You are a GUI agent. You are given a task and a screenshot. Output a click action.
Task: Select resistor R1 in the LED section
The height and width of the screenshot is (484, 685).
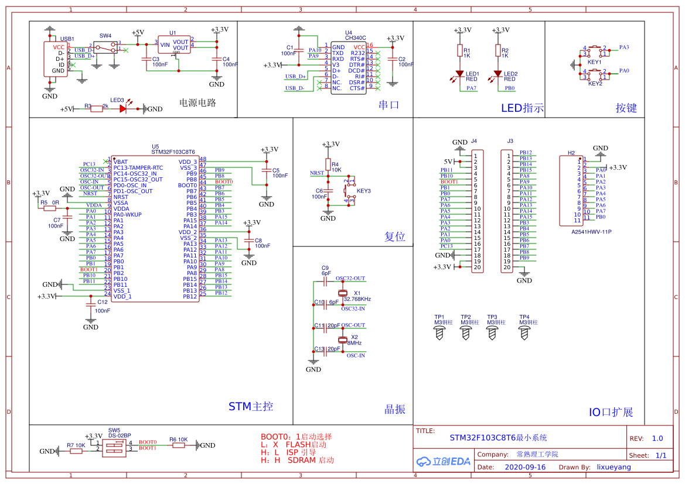coord(459,52)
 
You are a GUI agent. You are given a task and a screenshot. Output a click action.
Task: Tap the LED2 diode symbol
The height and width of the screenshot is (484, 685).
coord(497,74)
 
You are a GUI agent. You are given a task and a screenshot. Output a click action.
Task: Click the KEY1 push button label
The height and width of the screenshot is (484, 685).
coord(595,61)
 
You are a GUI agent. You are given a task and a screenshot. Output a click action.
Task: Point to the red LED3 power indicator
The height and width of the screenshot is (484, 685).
coord(124,108)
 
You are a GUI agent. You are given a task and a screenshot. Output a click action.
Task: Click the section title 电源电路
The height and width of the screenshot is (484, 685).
coord(197,103)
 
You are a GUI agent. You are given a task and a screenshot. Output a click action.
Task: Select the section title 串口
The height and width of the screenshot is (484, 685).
coord(388,105)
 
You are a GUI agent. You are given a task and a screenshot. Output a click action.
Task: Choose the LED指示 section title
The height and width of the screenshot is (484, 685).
coord(522,108)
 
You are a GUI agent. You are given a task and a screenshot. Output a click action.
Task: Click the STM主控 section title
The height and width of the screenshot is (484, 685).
coord(250,407)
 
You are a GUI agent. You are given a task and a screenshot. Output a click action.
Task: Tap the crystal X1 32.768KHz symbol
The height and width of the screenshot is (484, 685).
coord(343,293)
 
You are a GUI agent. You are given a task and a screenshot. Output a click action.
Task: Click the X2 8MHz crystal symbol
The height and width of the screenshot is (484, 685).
coord(343,340)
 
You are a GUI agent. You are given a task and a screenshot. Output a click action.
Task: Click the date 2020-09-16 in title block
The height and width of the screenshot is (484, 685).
coord(524,468)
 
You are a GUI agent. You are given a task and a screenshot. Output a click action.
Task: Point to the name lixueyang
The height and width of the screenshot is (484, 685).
coord(614,468)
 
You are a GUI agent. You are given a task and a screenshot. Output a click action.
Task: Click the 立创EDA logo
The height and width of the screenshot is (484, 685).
coord(443,461)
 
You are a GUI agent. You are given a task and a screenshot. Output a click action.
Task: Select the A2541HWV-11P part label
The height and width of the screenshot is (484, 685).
coord(591,232)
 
